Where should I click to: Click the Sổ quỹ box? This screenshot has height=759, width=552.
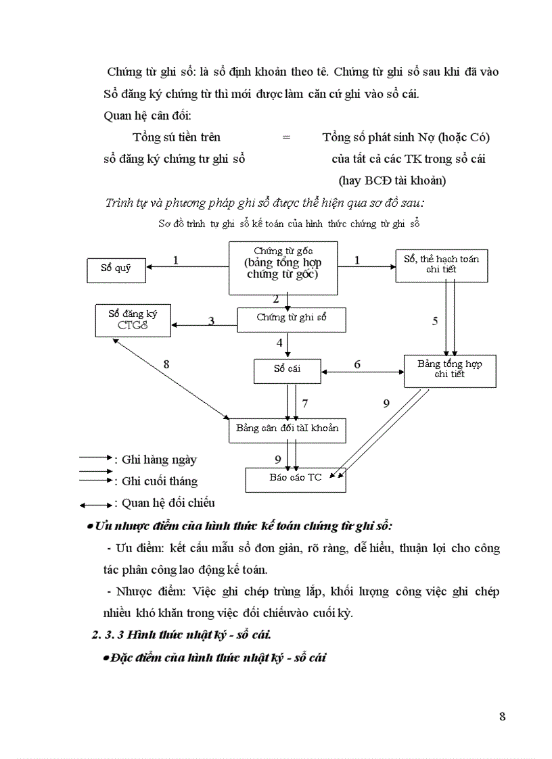[116, 269]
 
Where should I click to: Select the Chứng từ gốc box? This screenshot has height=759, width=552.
[282, 268]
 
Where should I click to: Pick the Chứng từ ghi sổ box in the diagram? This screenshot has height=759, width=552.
[291, 318]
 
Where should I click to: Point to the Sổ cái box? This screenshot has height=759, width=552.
[287, 370]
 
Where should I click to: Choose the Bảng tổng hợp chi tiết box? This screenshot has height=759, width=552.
[449, 370]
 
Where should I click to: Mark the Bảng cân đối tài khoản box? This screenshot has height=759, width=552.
[287, 429]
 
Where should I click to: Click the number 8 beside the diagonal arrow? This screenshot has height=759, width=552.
[166, 364]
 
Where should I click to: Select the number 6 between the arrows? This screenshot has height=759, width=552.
[357, 365]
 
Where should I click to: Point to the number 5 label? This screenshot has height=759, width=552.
[435, 321]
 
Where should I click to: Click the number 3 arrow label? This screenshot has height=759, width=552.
[211, 321]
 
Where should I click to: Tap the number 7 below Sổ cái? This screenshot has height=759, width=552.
[305, 403]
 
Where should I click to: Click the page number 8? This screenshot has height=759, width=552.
[502, 717]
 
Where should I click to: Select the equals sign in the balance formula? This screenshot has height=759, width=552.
[286, 137]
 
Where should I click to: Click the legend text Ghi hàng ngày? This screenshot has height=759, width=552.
[159, 460]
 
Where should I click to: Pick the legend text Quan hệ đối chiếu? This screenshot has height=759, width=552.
[168, 503]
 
